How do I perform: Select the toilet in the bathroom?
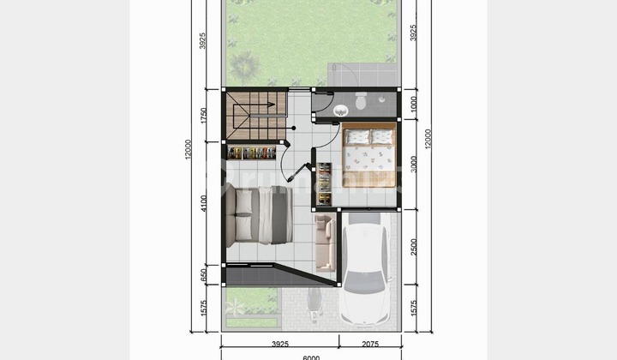(x=361, y=102)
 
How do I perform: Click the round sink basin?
(x=341, y=110)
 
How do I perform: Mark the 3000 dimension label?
(x=414, y=164)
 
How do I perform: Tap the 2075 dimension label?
(x=370, y=345)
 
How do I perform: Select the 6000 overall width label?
(x=310, y=357)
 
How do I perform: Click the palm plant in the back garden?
(x=244, y=65)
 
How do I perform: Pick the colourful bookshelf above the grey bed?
(x=254, y=153)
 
